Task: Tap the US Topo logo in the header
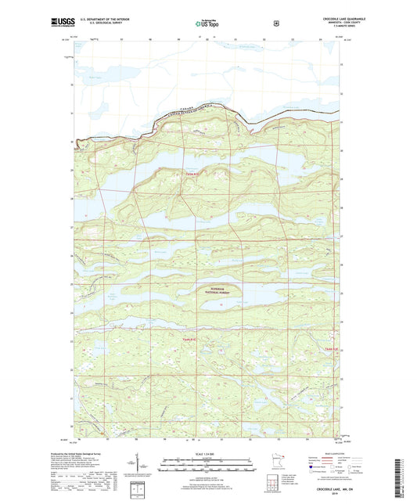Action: [207, 24]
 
